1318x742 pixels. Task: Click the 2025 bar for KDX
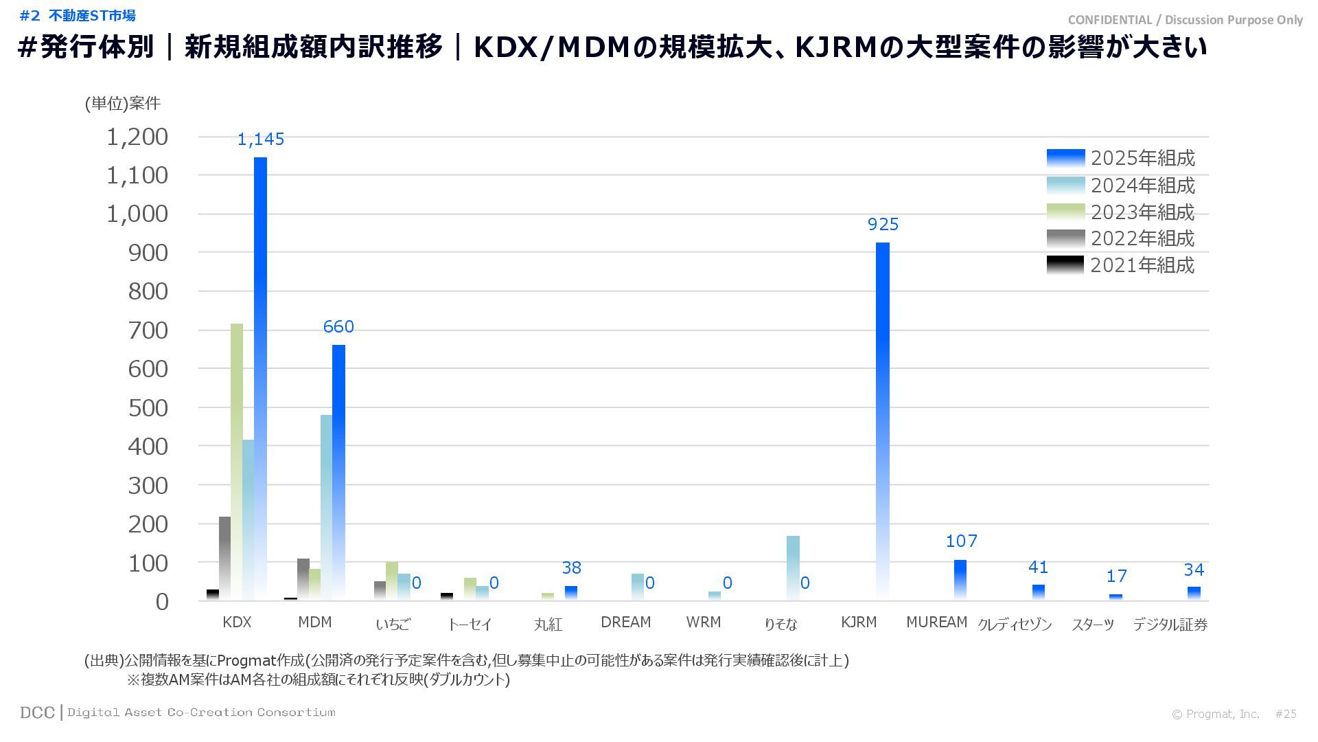click(260, 378)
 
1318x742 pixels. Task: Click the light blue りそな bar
click(793, 567)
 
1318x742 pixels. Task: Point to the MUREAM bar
click(960, 580)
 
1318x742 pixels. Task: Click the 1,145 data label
click(261, 139)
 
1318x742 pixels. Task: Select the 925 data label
click(883, 225)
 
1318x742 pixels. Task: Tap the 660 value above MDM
click(338, 326)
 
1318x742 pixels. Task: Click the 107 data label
click(961, 541)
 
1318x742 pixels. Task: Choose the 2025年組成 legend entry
click(1121, 158)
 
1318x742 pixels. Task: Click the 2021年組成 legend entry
click(1121, 265)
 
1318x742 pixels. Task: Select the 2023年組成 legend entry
click(1121, 212)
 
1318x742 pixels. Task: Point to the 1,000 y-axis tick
click(137, 214)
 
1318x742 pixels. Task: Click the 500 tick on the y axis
click(148, 408)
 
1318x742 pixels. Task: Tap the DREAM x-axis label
click(625, 622)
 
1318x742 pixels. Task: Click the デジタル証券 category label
click(1170, 625)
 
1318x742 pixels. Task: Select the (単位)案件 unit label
click(122, 103)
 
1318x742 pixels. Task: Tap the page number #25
click(1286, 714)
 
